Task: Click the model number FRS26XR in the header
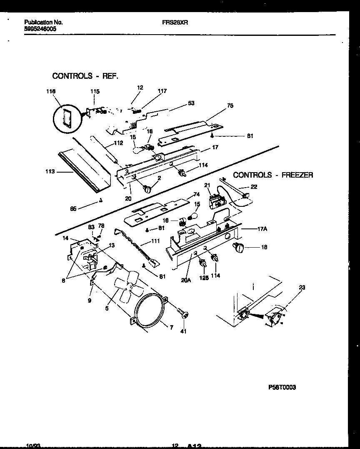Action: coord(175,23)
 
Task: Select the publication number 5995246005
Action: coord(40,29)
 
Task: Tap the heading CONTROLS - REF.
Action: coord(85,76)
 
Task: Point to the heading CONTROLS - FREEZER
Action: coord(273,175)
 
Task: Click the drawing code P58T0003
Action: coord(282,387)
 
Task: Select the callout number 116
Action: coord(50,91)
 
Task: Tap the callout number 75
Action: coord(230,106)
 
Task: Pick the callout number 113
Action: coord(50,171)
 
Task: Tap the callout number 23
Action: coord(302,287)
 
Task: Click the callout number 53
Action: coord(191,103)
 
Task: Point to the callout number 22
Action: coord(254,187)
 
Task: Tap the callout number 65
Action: coord(73,209)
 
